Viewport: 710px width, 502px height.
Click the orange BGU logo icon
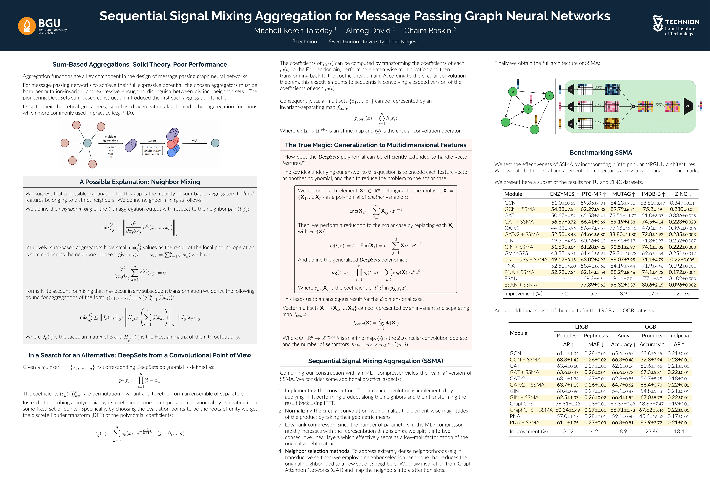pyautogui.click(x=27, y=26)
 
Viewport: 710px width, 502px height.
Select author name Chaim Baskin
pyautogui.click(x=427, y=31)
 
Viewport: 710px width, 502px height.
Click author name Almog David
pyautogui.click(x=368, y=31)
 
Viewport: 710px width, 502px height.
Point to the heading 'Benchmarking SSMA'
pyautogui.click(x=600, y=152)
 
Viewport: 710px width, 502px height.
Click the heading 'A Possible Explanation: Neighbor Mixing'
pyautogui.click(x=140, y=182)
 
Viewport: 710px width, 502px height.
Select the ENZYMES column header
pyautogui.click(x=562, y=194)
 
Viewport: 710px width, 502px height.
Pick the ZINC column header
pyautogui.click(x=681, y=194)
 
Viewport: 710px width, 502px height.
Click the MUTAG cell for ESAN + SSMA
pyautogui.click(x=622, y=285)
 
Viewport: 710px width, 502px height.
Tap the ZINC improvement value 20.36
pyautogui.click(x=683, y=294)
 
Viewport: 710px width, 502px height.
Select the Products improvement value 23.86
pyautogui.click(x=652, y=432)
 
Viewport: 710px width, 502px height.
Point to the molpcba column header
pyautogui.click(x=679, y=336)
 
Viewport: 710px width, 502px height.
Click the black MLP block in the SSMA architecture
pyautogui.click(x=688, y=106)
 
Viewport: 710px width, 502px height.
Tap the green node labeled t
pyautogui.click(x=549, y=96)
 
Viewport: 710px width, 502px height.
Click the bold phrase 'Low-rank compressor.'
pyautogui.click(x=310, y=425)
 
